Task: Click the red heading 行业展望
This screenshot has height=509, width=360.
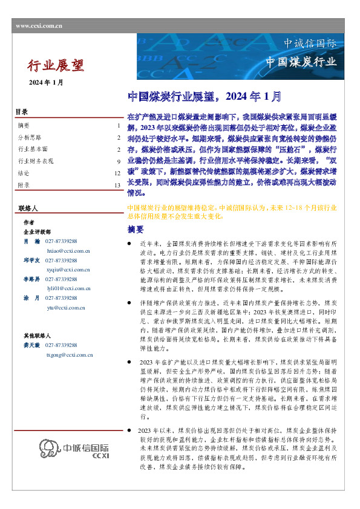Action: [x=56, y=65]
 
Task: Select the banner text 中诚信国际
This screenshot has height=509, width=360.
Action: [x=310, y=44]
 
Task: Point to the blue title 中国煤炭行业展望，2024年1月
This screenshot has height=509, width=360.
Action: [x=205, y=96]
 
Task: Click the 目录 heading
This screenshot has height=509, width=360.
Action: [x=21, y=112]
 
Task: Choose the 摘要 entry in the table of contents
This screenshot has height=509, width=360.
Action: [x=24, y=126]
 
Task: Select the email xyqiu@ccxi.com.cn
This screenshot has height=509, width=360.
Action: [x=68, y=269]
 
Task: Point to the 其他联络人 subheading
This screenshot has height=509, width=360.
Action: [x=35, y=334]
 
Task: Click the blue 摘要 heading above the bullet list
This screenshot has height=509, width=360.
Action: [x=136, y=230]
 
